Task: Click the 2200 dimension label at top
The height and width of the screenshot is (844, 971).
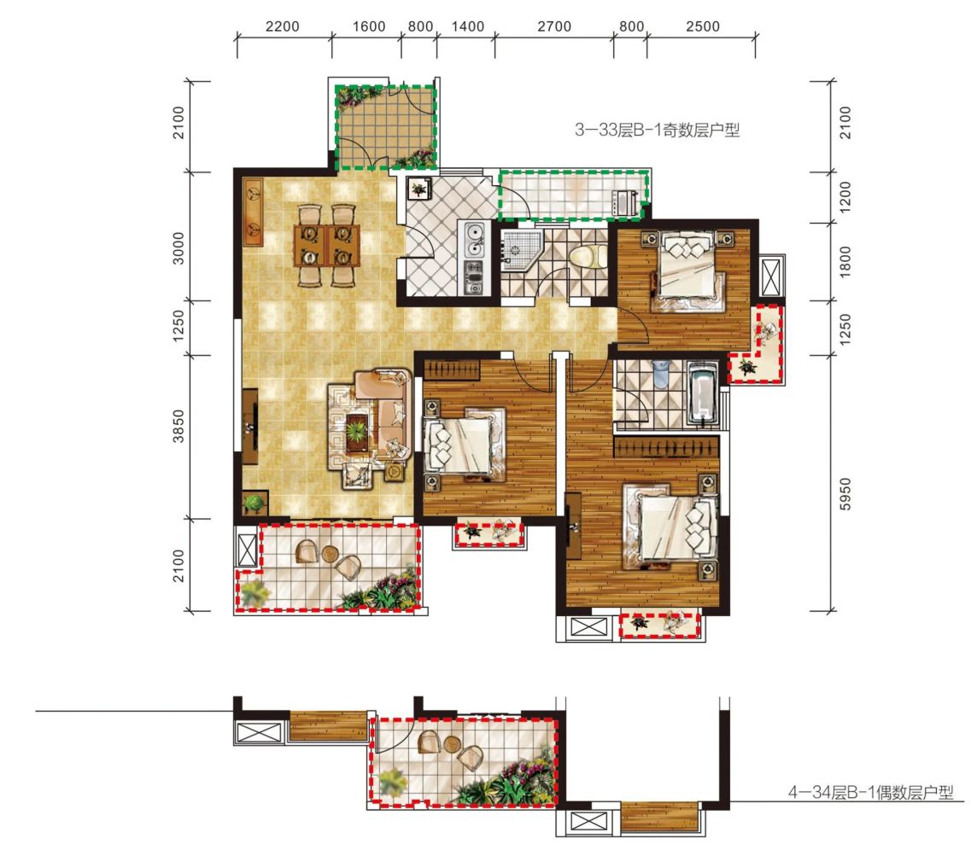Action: pos(283,26)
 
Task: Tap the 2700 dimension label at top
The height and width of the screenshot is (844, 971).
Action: pos(554,26)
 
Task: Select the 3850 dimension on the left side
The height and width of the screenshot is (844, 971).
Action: pos(178,426)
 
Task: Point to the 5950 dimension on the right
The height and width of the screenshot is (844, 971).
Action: pos(845,494)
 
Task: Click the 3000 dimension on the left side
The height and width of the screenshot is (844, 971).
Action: pos(178,248)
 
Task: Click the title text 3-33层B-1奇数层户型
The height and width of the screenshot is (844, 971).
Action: pos(657,130)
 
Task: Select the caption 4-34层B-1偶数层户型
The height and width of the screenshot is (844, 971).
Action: pos(871,793)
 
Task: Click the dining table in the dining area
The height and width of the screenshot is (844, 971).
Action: pos(326,245)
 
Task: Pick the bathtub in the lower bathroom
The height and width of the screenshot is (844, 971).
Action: pos(703,395)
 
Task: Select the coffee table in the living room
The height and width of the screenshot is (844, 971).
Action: pos(357,428)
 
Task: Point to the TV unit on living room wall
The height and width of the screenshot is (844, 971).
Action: pos(250,427)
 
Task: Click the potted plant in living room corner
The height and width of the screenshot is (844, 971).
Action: pos(254,503)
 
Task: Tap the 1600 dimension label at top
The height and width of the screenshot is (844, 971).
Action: pos(369,26)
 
